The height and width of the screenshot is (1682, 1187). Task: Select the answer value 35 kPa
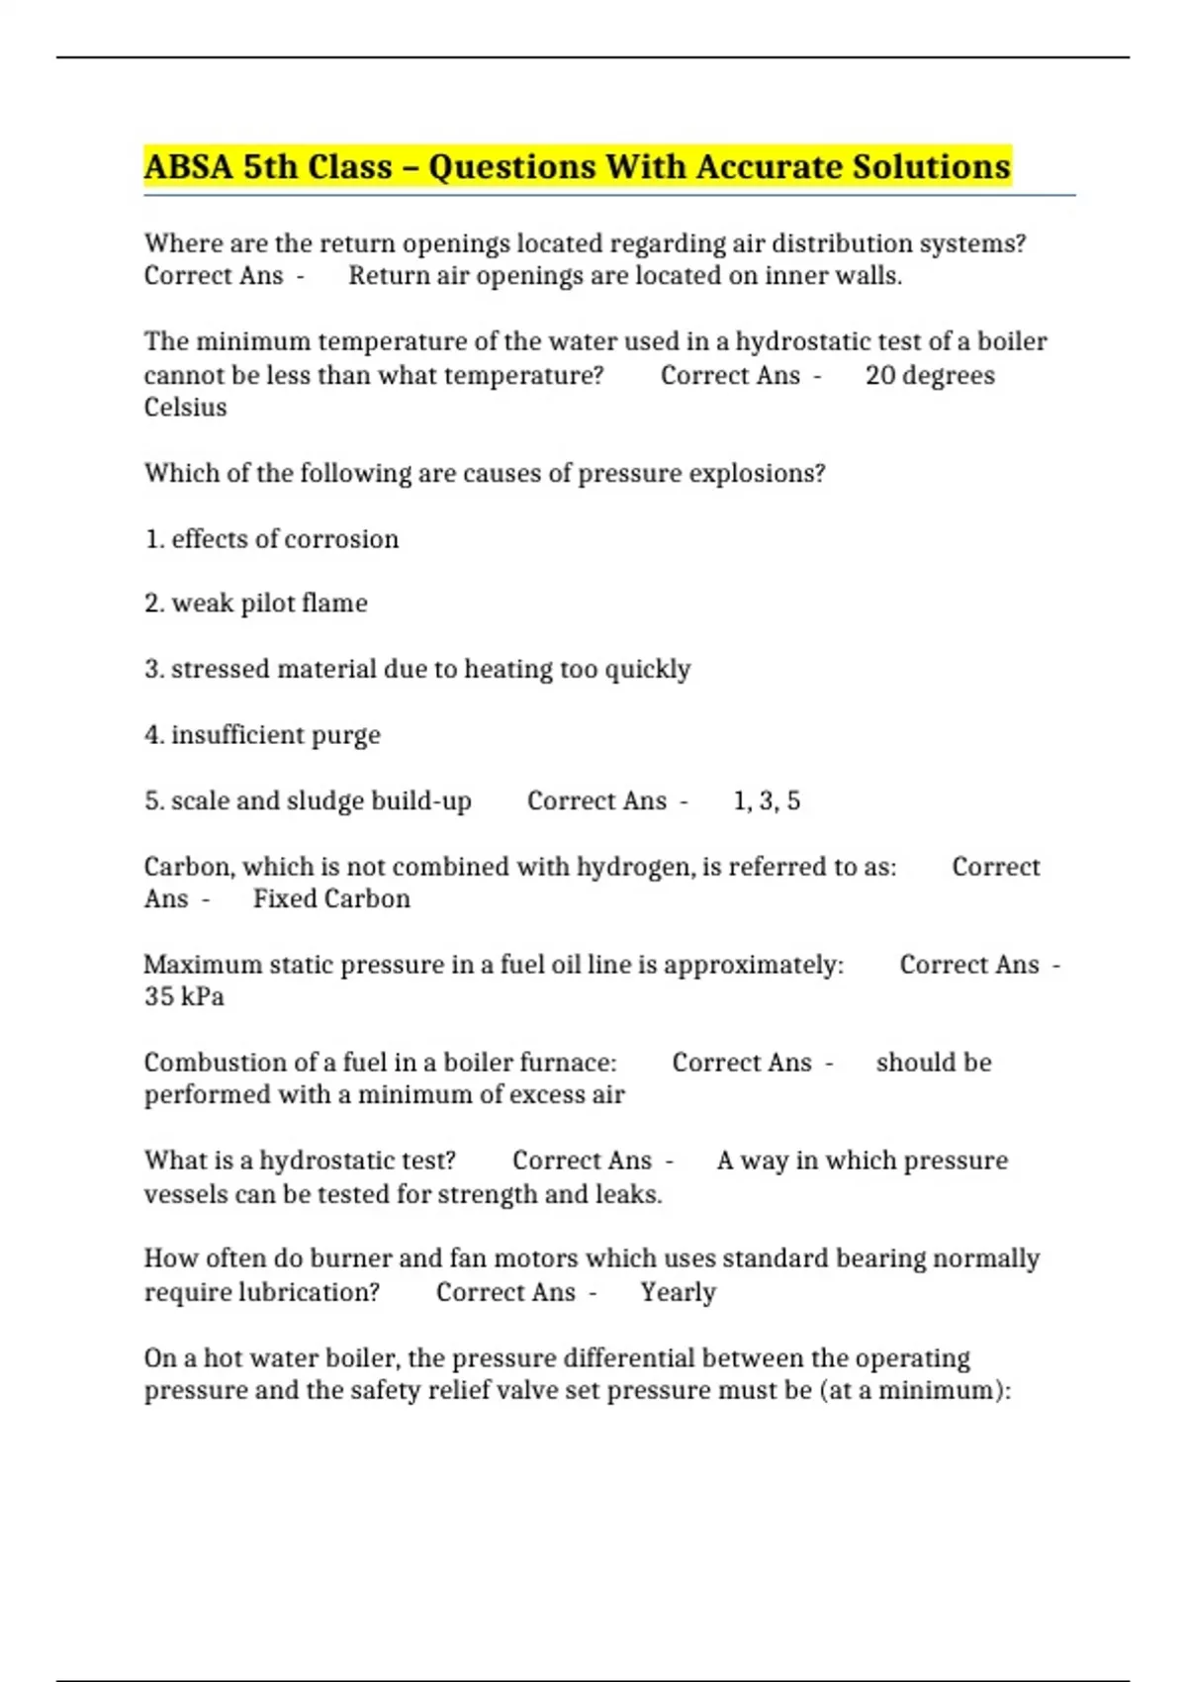[184, 996]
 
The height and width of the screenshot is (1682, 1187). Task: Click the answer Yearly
[678, 1292]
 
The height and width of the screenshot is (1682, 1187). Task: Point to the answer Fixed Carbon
[331, 898]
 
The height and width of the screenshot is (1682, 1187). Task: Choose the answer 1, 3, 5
[767, 800]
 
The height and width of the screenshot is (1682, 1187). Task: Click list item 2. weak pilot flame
[256, 604]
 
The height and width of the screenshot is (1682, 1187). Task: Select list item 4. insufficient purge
[262, 735]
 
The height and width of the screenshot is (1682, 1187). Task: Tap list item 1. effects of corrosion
[272, 539]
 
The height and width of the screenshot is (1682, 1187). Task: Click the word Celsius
[185, 408]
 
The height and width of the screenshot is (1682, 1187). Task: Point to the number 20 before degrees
[879, 376]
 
